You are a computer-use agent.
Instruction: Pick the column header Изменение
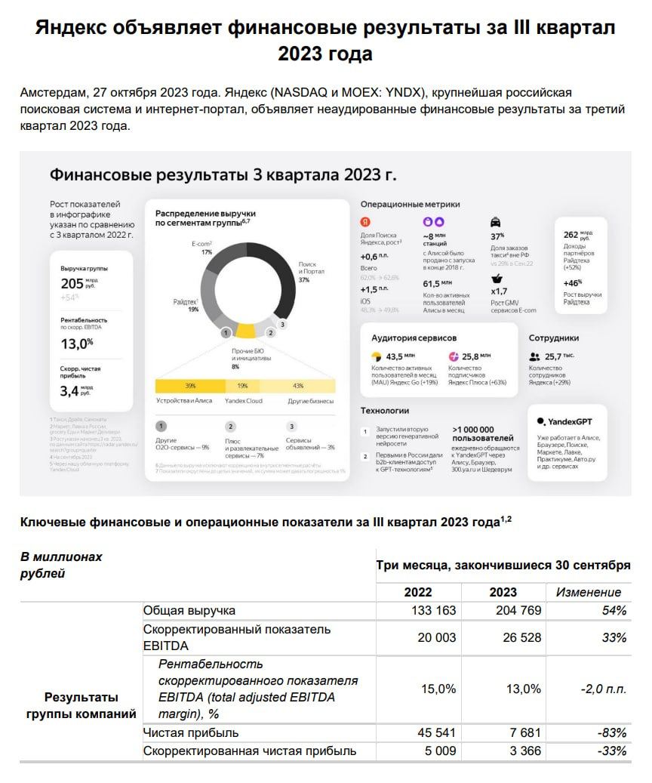589,592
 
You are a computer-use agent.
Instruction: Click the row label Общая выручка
189,610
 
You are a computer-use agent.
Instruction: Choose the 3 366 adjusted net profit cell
520,751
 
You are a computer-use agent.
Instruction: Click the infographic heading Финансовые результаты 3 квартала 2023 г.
223,175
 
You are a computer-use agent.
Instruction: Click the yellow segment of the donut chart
245,330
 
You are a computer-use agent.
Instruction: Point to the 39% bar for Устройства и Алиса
190,386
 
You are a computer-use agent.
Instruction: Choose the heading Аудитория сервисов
414,338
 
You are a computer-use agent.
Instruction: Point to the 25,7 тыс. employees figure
559,356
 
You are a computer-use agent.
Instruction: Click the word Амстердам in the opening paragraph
54,94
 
